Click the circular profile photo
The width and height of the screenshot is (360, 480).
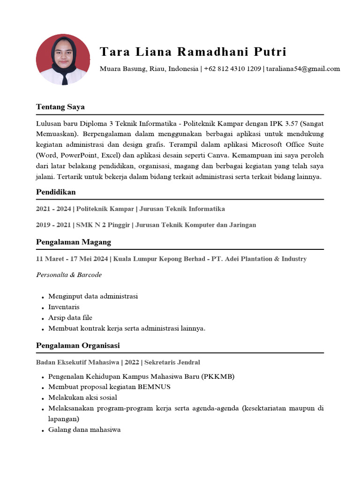click(63, 59)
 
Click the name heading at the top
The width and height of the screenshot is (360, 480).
click(193, 52)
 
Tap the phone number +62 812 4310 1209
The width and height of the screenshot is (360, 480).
click(232, 69)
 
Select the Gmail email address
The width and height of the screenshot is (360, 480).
click(303, 69)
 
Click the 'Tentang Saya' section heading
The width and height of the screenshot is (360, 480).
click(60, 107)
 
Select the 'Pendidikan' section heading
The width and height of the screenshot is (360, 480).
click(56, 192)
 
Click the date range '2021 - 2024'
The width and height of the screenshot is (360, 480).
click(53, 209)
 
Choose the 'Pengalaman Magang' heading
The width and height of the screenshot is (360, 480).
click(74, 242)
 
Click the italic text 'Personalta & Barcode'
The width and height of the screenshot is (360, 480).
click(69, 275)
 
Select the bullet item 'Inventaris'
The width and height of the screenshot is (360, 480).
click(64, 307)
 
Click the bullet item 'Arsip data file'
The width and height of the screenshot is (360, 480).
click(70, 318)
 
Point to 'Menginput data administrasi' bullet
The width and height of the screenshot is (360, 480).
click(93, 296)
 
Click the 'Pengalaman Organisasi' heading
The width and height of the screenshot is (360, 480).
click(78, 345)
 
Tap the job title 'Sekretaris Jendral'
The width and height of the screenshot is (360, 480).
click(172, 362)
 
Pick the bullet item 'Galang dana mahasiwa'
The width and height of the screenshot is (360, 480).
click(84, 429)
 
